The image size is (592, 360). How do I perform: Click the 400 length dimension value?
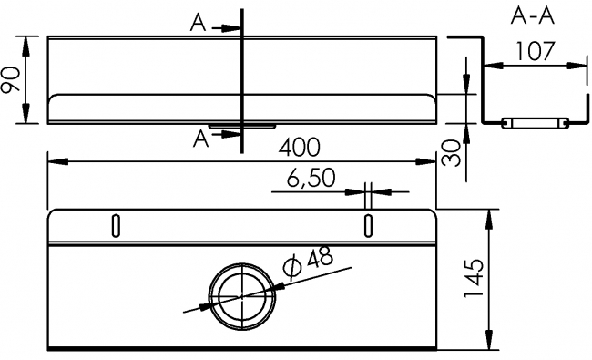coord(300,148)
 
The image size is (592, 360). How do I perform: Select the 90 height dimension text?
coord(10,79)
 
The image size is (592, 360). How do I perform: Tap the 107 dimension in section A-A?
coord(536,51)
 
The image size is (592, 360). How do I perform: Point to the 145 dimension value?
coord(474,278)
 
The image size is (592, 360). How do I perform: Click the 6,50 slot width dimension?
coord(311,178)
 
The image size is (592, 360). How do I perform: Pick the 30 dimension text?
coord(452,153)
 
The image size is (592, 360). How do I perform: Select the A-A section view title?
coord(533,16)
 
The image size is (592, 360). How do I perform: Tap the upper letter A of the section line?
coord(199,23)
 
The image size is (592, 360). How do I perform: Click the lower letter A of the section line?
coord(200,139)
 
